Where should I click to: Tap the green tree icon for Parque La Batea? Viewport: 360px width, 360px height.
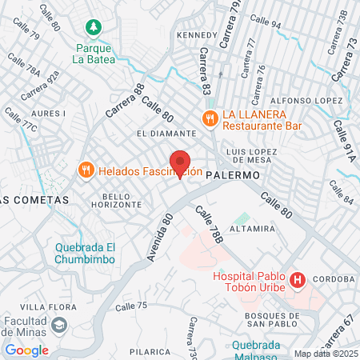point(94,27)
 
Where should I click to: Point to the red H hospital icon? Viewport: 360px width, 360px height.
point(298,279)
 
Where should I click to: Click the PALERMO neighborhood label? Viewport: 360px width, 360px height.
point(233,174)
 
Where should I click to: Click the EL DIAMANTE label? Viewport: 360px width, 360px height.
point(166,134)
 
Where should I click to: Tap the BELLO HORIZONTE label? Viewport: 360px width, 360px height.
point(122,200)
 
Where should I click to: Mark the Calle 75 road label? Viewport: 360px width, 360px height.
point(131,306)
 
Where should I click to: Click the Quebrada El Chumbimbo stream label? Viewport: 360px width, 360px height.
point(85,253)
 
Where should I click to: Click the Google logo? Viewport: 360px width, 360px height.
point(26,350)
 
